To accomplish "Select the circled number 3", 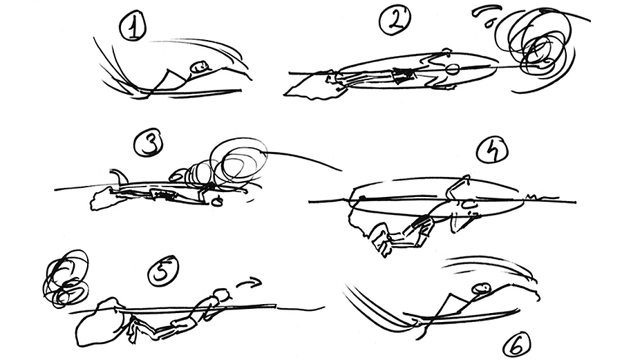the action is (148, 144).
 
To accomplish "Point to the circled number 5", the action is (163, 271).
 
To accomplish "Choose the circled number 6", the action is (517, 345).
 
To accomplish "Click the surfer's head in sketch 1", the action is (200, 66).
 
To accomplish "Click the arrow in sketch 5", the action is (249, 283).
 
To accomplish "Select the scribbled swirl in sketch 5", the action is (66, 278).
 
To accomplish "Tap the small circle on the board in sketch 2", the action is (452, 70).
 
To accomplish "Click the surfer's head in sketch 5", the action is (221, 295).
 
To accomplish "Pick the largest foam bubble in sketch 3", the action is (240, 160).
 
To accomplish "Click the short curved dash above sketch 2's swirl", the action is (484, 11).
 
